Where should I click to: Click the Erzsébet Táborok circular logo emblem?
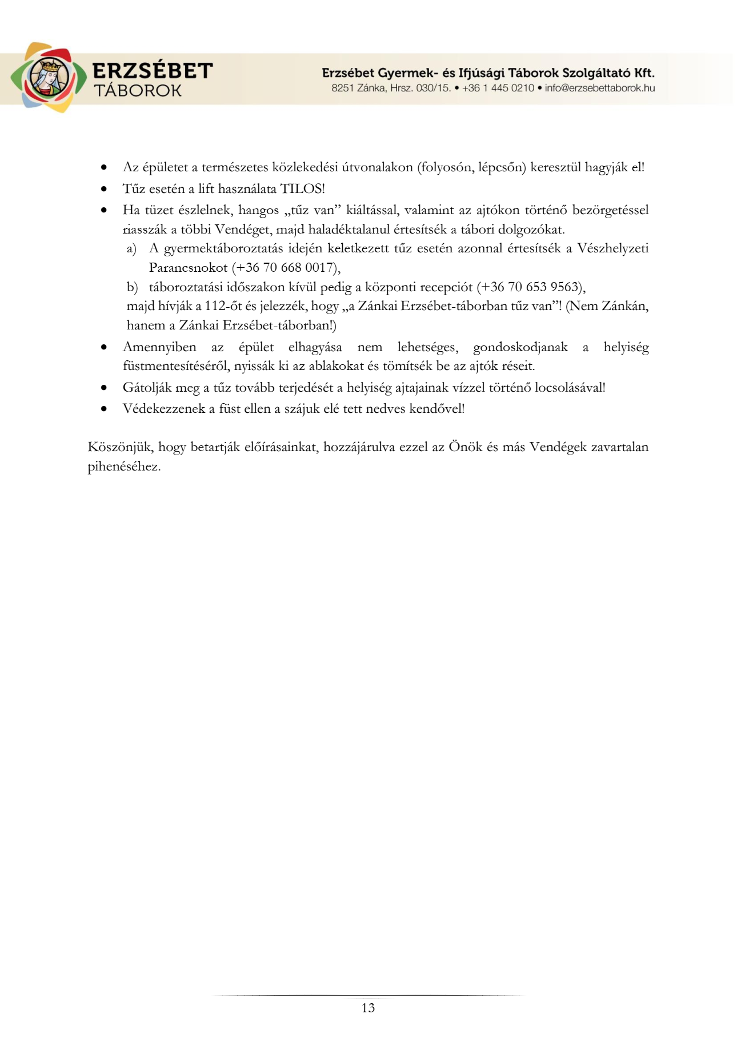click(48, 78)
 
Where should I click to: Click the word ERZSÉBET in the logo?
click(153, 71)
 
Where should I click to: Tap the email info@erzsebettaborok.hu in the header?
click(599, 88)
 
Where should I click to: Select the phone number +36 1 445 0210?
click(498, 88)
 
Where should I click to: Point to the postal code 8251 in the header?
click(342, 88)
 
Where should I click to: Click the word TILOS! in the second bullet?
click(302, 189)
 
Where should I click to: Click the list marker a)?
click(131, 249)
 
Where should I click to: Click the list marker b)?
click(132, 287)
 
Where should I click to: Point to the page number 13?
click(368, 1008)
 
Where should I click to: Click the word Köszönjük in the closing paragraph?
click(120, 447)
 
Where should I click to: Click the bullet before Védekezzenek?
click(103, 409)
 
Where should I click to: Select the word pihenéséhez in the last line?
click(123, 466)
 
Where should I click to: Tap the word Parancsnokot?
click(188, 268)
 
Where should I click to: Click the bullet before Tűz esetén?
click(103, 189)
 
